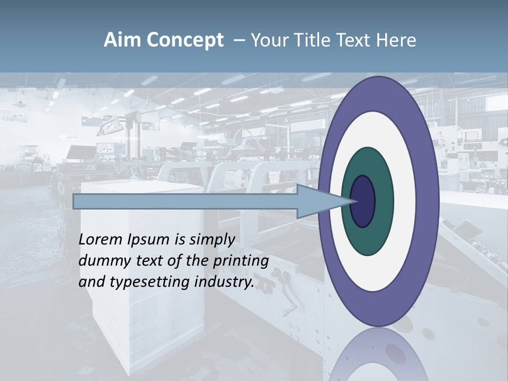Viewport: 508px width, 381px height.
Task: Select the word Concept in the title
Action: (185, 40)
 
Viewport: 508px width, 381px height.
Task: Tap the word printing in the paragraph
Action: (241, 261)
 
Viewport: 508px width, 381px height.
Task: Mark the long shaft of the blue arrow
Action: (185, 201)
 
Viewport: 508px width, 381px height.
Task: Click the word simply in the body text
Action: (212, 240)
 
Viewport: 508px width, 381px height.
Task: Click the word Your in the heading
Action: (267, 40)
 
